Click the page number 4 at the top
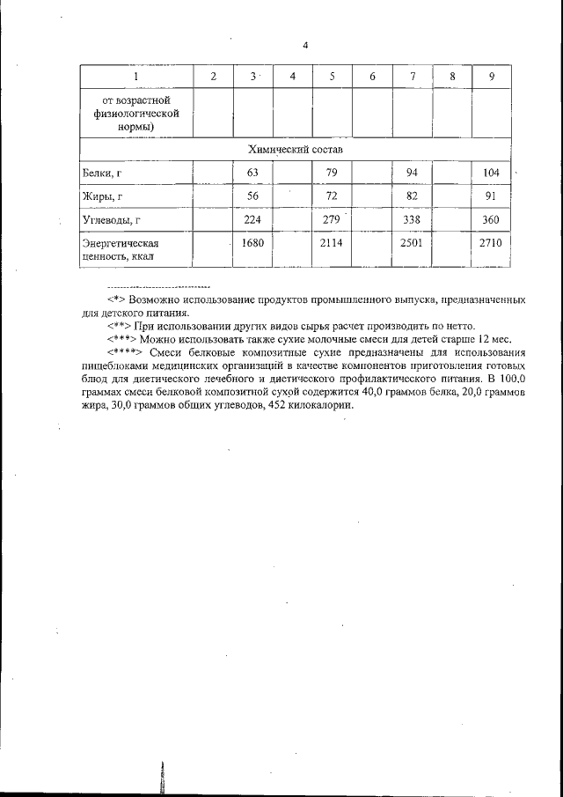[x=304, y=46]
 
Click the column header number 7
[x=413, y=77]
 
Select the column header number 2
[x=214, y=77]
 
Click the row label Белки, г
[x=100, y=173]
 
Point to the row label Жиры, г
[x=100, y=196]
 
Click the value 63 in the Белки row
[x=253, y=173]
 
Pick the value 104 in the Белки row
[x=492, y=173]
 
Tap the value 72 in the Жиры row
[x=333, y=196]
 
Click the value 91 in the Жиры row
[x=492, y=196]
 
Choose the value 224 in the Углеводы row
[x=253, y=219]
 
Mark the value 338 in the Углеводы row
[x=413, y=219]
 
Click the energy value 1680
[x=253, y=242]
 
